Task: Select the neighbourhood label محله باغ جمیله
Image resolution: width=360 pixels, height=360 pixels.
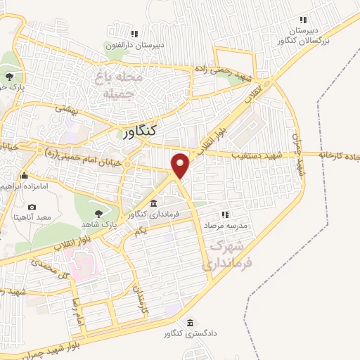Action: [x=118, y=84]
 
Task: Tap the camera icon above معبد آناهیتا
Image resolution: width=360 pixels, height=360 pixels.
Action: [x=32, y=207]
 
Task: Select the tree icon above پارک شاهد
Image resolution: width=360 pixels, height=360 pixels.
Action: [x=98, y=209]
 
